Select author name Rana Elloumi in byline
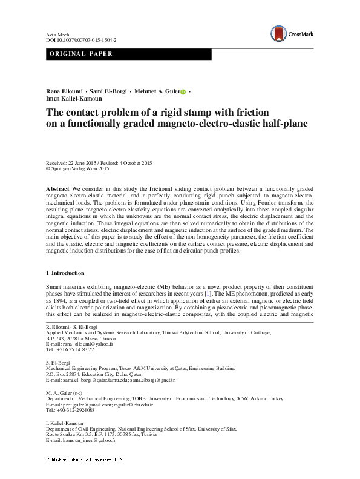coord(64,91)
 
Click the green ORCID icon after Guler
coord(183,91)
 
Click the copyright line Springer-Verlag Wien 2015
coord(82,170)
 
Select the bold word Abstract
coord(58,190)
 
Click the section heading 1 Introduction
coord(65,273)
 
